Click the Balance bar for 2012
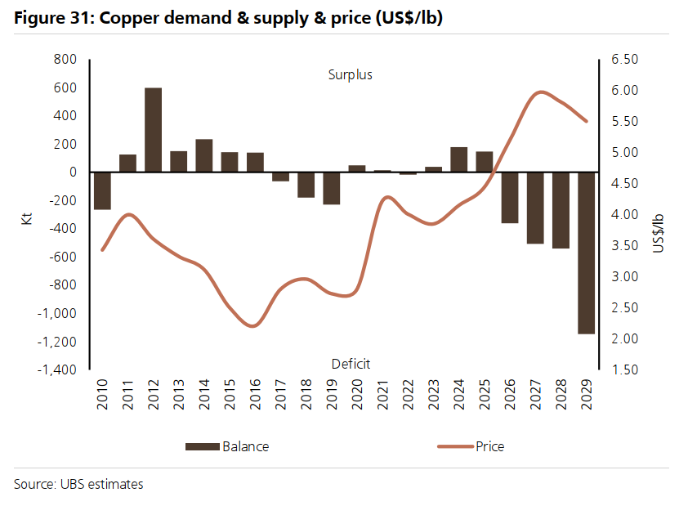point(153,129)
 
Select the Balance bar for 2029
point(586,253)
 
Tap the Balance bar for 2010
point(102,190)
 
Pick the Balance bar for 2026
point(510,197)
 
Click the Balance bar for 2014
point(204,155)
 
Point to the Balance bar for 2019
point(331,188)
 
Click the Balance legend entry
point(227,446)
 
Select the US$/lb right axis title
point(658,231)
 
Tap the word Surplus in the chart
point(350,75)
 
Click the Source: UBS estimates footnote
point(78,484)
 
